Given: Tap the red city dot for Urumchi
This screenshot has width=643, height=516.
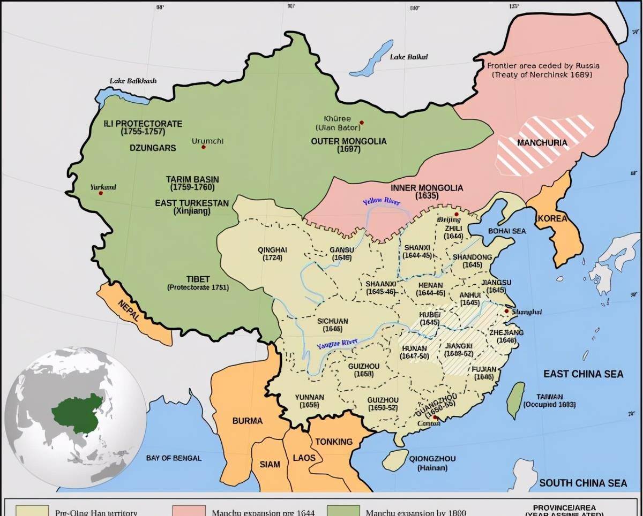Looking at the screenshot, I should point(204,147).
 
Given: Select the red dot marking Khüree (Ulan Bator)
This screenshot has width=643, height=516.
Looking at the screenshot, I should point(362,123).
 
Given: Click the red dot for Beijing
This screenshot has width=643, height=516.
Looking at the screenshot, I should point(457,214).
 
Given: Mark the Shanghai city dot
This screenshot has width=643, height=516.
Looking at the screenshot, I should point(506,311).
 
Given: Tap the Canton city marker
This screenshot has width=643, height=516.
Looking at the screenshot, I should point(435,418).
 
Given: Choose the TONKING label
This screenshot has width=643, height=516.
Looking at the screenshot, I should point(334,442).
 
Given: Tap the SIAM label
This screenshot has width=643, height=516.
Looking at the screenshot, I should point(270,464).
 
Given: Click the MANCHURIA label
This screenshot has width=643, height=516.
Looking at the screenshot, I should point(542,143).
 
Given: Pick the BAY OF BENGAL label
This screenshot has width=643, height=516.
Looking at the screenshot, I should point(174,458).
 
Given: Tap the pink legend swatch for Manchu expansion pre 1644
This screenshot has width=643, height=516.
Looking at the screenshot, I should point(188,510).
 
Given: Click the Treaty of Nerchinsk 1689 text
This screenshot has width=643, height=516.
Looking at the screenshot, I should point(542,75).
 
